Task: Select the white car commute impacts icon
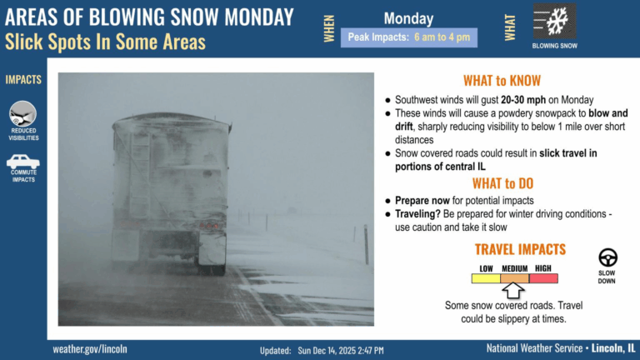coord(22,162)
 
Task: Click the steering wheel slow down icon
coord(607,257)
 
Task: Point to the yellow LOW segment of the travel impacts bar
coord(486,278)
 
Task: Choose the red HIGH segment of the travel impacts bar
coord(543,278)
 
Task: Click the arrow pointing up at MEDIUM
coord(514,290)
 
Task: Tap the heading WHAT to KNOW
coord(502,81)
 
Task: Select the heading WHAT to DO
coord(502,183)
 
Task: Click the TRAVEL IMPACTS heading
coord(520,249)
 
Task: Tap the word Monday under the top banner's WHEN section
coord(408,18)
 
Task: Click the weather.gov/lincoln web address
coord(90,348)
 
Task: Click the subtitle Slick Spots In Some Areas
coord(105,42)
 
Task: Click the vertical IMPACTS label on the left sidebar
coord(23,80)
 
